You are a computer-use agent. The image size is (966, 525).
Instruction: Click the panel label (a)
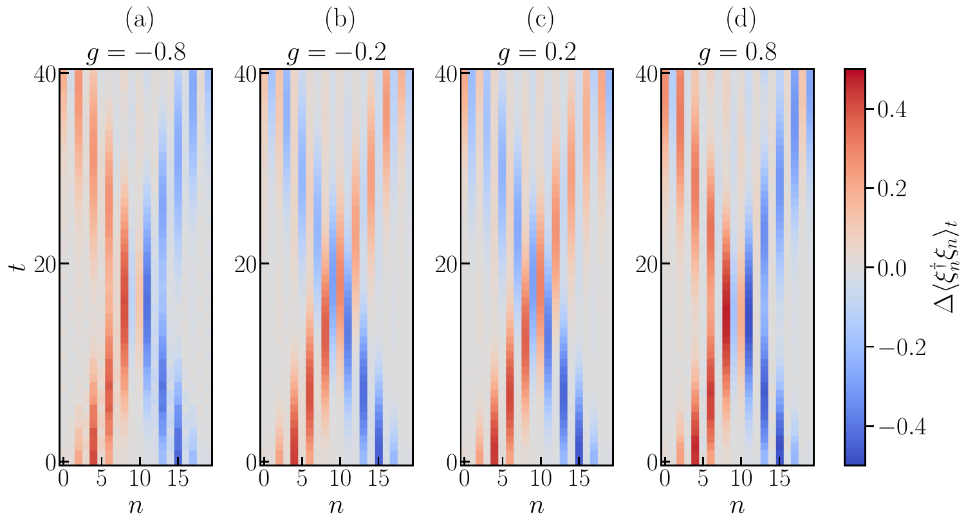(140, 21)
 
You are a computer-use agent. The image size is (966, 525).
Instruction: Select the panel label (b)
(340, 21)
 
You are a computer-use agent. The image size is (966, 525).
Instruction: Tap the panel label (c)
(541, 21)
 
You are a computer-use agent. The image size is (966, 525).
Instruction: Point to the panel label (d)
(741, 21)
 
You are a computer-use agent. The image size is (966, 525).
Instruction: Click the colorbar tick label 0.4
(893, 109)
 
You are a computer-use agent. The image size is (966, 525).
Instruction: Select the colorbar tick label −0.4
(899, 427)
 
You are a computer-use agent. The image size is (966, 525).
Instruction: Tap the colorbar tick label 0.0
(893, 268)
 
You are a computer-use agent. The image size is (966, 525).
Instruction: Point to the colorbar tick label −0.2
(899, 347)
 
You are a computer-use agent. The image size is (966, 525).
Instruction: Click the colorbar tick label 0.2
(893, 189)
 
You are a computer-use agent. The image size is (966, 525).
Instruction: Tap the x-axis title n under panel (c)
(537, 506)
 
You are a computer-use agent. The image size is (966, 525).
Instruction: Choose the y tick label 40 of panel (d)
(648, 73)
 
